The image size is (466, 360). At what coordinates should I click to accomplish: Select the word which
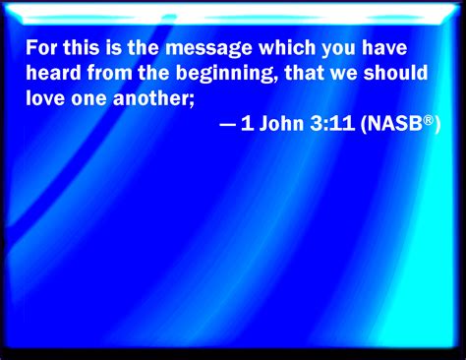[x=276, y=47]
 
